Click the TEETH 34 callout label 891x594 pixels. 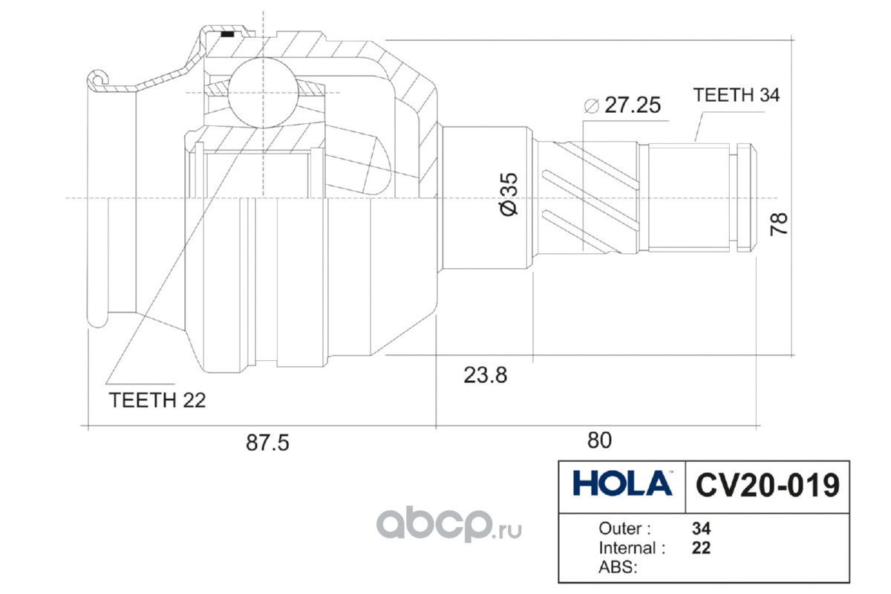pyautogui.click(x=736, y=95)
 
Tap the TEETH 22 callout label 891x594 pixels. pyautogui.click(x=157, y=400)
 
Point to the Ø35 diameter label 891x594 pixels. pyautogui.click(x=509, y=195)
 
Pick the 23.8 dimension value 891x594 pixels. pyautogui.click(x=486, y=375)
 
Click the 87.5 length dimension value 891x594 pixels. pyautogui.click(x=267, y=442)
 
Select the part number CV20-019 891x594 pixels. pyautogui.click(x=767, y=486)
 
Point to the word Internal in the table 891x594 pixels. pyautogui.click(x=627, y=549)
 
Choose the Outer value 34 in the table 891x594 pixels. pyautogui.click(x=701, y=529)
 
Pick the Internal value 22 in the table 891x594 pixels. pyautogui.click(x=701, y=549)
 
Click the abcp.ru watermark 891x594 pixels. pyautogui.click(x=449, y=526)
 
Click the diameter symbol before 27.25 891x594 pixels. pyautogui.click(x=591, y=105)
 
